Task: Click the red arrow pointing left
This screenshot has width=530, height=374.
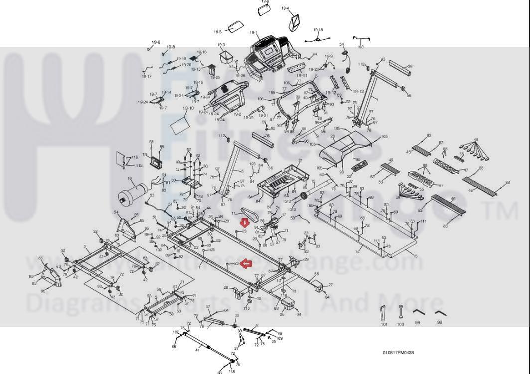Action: click(246, 263)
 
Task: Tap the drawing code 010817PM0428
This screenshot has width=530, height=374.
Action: click(398, 353)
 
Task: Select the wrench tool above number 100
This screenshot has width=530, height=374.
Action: click(400, 312)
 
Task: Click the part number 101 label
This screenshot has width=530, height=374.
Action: click(384, 325)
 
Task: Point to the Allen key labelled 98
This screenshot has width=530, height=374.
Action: click(439, 314)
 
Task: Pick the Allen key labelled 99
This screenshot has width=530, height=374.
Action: click(418, 314)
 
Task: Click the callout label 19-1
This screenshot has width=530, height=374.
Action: click(253, 33)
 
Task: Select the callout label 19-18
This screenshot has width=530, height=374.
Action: click(318, 30)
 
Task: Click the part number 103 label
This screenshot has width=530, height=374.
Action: click(360, 47)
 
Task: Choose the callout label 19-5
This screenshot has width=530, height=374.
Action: click(218, 32)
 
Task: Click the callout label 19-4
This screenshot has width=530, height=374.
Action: click(285, 8)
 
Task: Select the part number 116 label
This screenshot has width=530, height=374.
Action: click(134, 158)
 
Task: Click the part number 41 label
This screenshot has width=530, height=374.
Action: click(197, 350)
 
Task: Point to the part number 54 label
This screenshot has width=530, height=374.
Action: click(342, 45)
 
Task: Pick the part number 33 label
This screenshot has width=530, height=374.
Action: click(40, 258)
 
